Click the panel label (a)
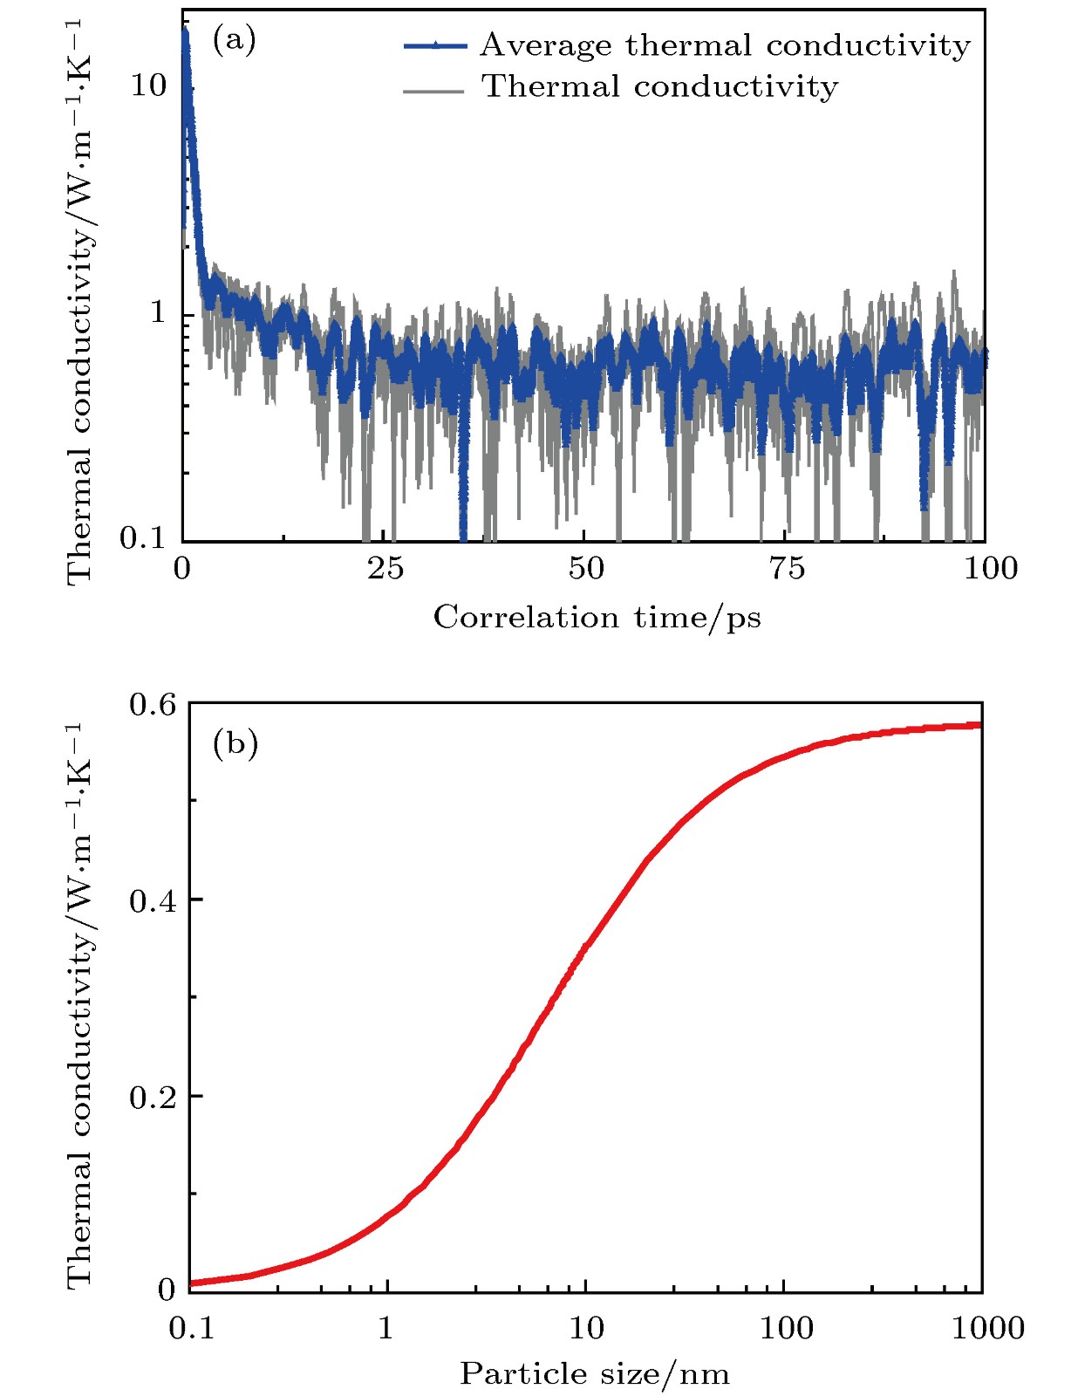[234, 40]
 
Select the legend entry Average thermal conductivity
[725, 45]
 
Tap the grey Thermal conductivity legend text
[660, 86]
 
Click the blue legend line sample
[435, 45]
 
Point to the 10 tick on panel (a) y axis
[148, 85]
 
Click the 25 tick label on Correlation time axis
[385, 569]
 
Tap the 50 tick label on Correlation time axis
[585, 569]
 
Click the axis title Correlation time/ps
[597, 618]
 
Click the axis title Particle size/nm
[594, 1374]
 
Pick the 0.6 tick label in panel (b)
[153, 703]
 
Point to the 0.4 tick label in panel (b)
[153, 900]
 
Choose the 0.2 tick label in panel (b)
[153, 1097]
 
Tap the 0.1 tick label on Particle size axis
[190, 1329]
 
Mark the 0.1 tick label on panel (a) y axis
[143, 538]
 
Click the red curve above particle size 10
[585, 946]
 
